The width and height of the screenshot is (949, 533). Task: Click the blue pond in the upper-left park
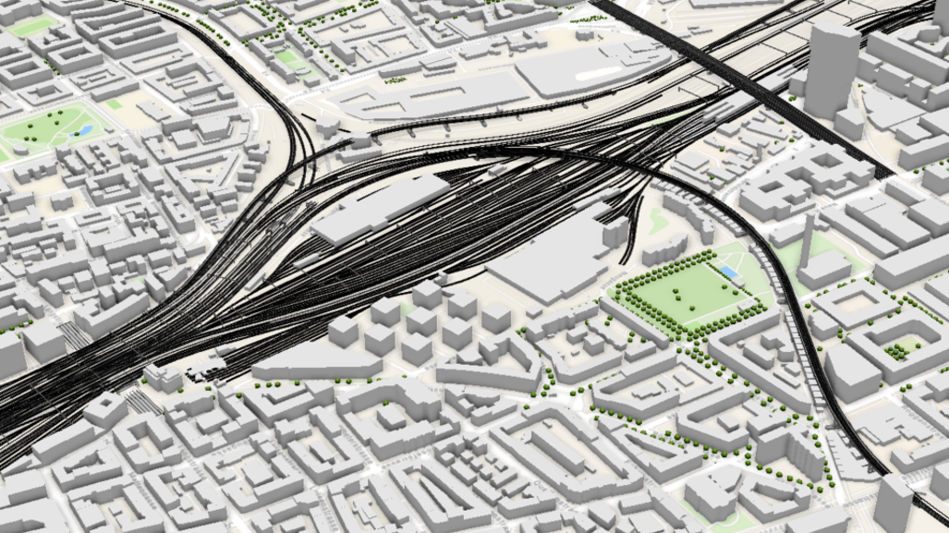coord(84,131)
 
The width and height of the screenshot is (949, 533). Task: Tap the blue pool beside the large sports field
coord(729,272)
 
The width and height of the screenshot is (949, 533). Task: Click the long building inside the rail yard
coord(379,209)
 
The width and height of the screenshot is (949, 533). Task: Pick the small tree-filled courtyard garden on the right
coord(894,350)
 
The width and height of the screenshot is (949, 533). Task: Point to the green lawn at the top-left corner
coord(32,27)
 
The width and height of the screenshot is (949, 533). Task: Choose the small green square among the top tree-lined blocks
coord(288,57)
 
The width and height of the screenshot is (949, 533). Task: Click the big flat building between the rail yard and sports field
coord(545,259)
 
